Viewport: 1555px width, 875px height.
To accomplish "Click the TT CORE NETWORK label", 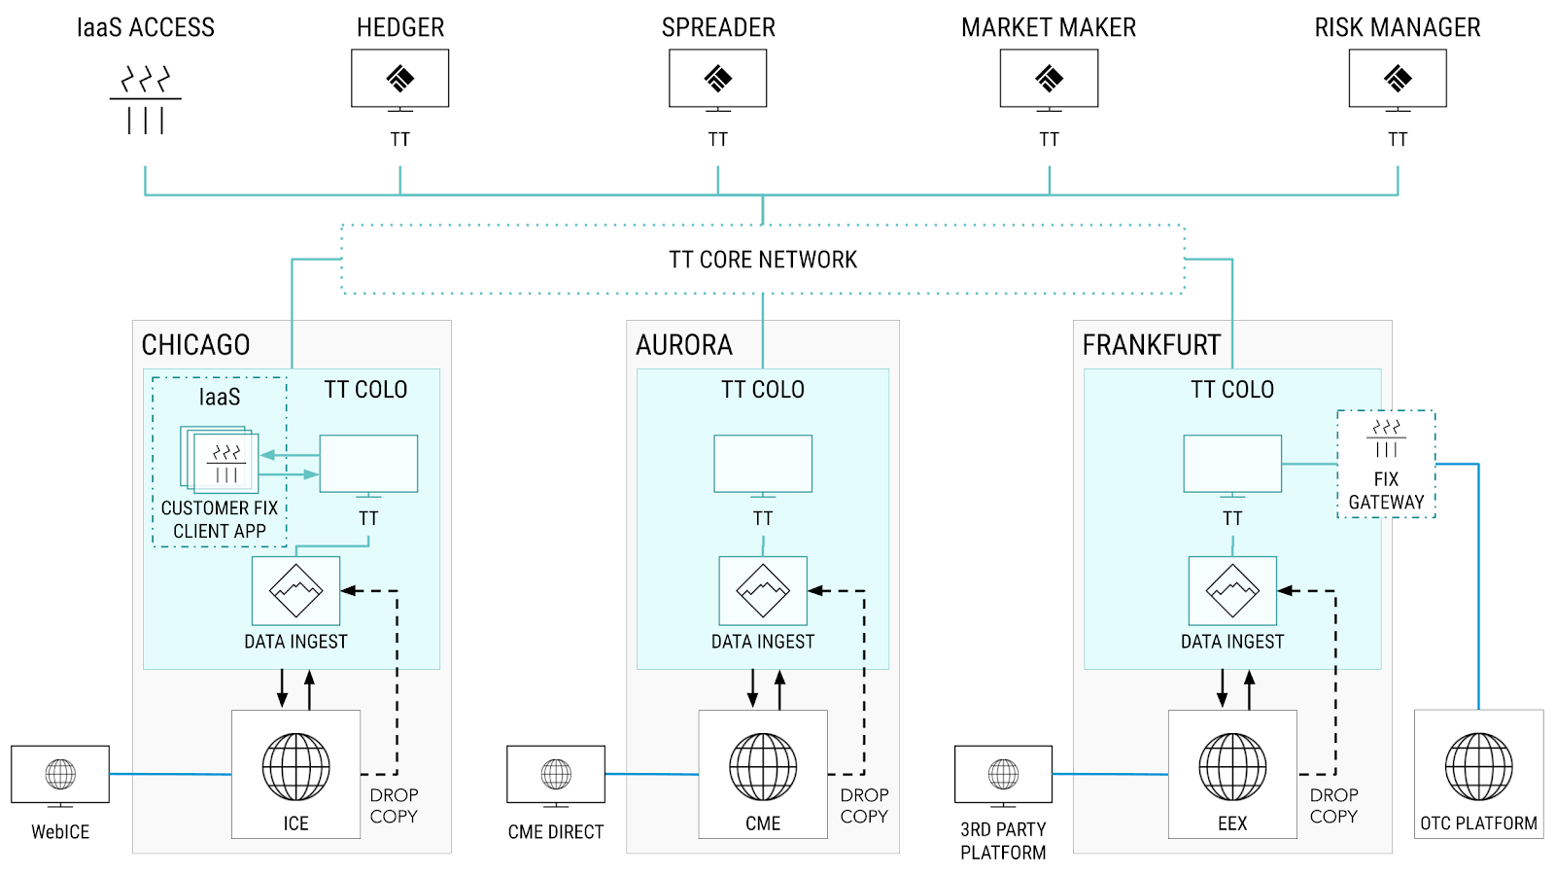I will (763, 260).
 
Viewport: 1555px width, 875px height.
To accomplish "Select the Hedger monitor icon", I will (399, 79).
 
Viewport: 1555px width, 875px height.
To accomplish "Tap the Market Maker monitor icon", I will (1049, 79).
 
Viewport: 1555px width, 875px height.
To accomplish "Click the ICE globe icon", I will (295, 767).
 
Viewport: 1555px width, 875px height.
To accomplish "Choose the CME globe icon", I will (763, 767).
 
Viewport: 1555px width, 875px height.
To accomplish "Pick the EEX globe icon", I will (1232, 767).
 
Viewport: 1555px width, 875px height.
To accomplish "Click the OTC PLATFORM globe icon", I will (1478, 767).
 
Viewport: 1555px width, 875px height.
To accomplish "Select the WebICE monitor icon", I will (60, 775).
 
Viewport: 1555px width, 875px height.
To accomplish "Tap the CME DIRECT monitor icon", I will (556, 775).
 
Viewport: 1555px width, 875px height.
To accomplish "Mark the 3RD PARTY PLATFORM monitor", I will (1003, 775).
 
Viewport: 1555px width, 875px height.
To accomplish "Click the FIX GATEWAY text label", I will (1386, 491).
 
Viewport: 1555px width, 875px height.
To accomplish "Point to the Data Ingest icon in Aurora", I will (763, 591).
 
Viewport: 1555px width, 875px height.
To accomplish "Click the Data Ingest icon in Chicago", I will (295, 591).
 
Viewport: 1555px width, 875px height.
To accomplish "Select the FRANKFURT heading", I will (1151, 345).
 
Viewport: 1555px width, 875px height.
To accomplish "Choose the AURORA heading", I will (684, 345).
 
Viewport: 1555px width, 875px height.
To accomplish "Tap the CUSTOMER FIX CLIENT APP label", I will (220, 519).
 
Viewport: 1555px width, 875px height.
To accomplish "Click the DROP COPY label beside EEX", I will (1333, 806).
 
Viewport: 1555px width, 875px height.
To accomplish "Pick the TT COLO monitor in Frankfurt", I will (1232, 465).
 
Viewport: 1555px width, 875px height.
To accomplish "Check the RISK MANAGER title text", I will (1397, 28).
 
